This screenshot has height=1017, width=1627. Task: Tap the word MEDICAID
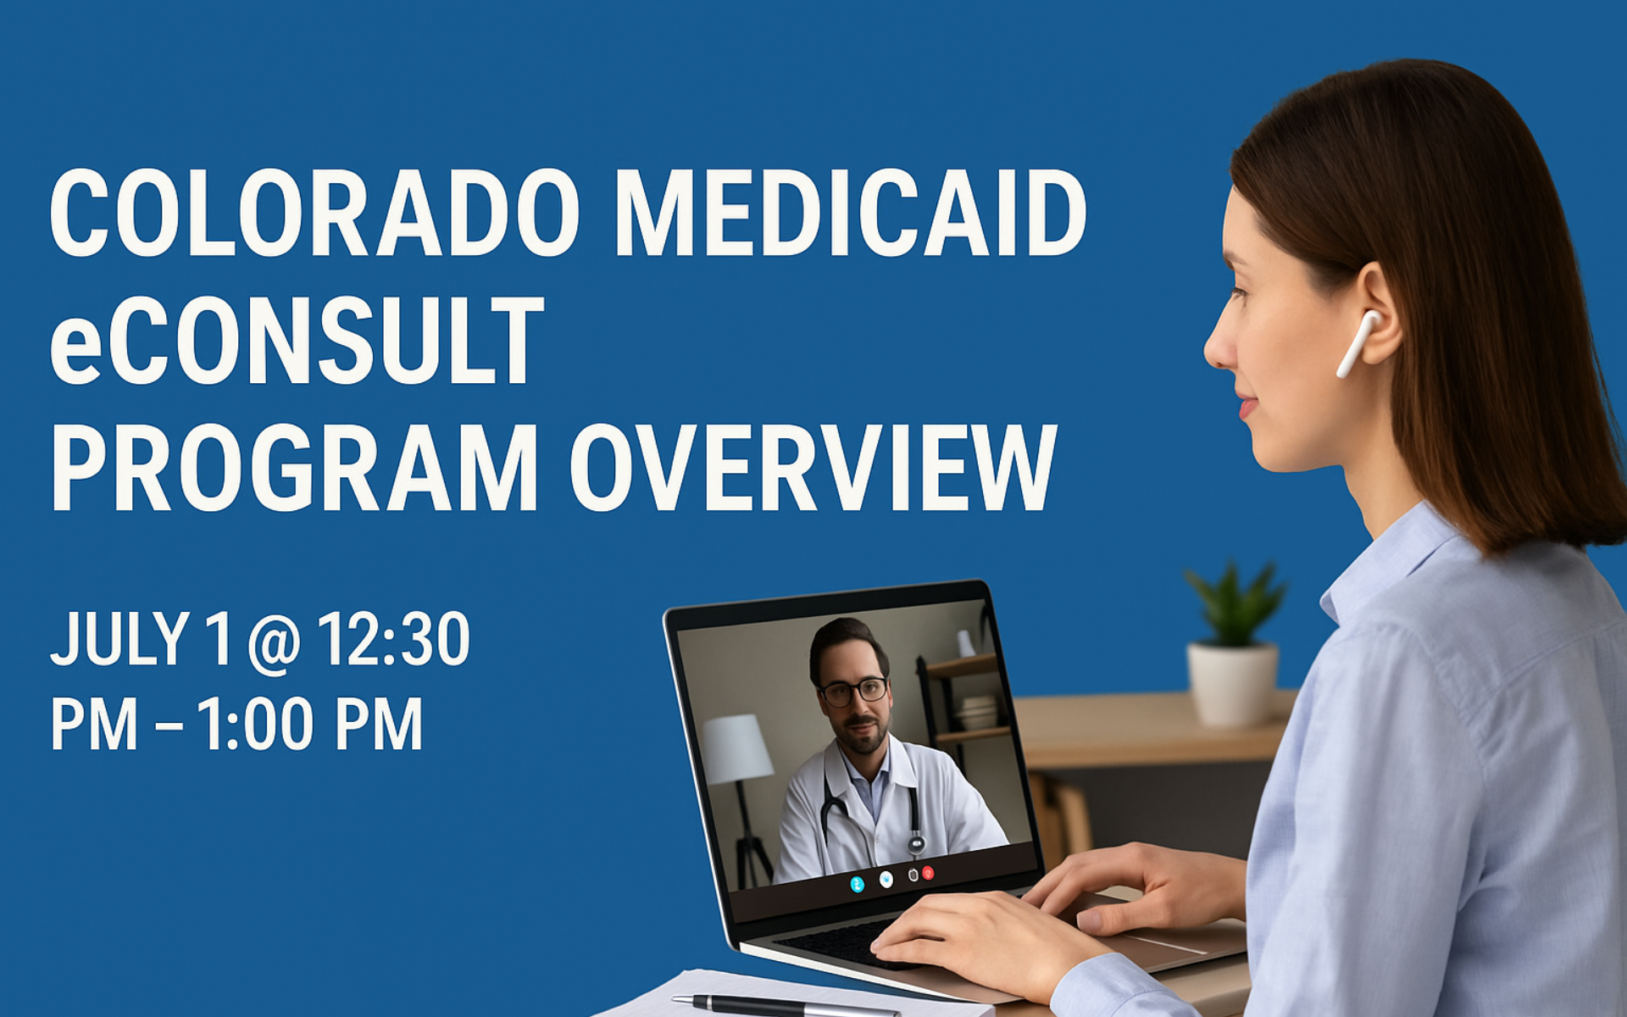(x=851, y=213)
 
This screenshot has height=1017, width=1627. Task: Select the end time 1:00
(x=254, y=725)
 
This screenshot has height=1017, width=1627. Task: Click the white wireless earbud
(x=1359, y=342)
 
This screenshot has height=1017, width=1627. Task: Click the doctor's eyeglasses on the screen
(x=852, y=691)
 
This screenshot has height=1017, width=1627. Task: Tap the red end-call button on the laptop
(x=929, y=873)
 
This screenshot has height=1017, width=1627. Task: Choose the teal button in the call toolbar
(x=858, y=884)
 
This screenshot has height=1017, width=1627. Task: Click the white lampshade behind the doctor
(x=736, y=748)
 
